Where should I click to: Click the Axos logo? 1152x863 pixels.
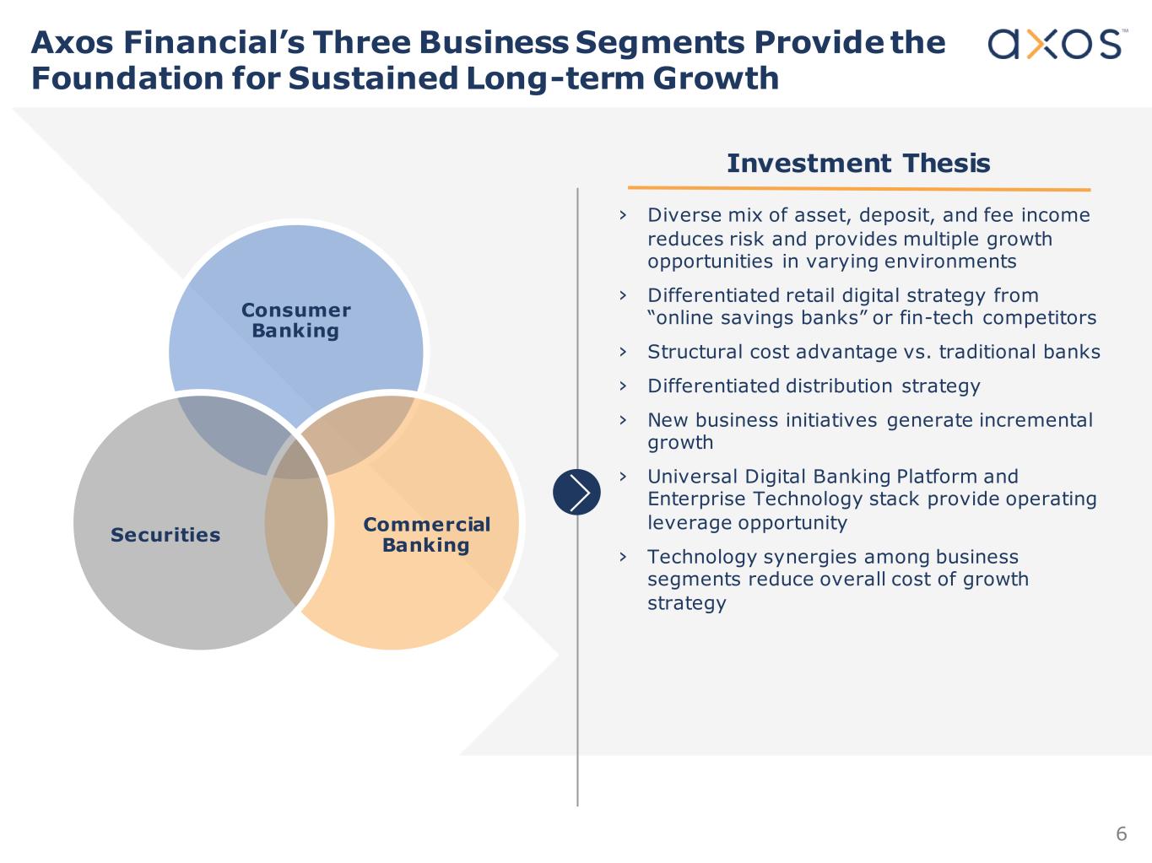pyautogui.click(x=1055, y=44)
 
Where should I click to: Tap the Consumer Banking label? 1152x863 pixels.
pyautogui.click(x=295, y=321)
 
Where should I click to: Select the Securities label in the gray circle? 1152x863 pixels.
pyautogui.click(x=165, y=535)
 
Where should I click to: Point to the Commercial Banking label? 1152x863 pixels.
pyautogui.click(x=426, y=535)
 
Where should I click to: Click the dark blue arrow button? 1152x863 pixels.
pyautogui.click(x=576, y=492)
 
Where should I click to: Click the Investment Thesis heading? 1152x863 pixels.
pyautogui.click(x=858, y=163)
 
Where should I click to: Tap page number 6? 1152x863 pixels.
pyautogui.click(x=1121, y=833)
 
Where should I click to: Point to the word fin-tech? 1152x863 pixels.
pyautogui.click(x=936, y=318)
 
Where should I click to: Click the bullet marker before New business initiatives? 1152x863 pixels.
pyautogui.click(x=623, y=419)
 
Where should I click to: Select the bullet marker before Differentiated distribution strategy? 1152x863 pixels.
pyautogui.click(x=623, y=386)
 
